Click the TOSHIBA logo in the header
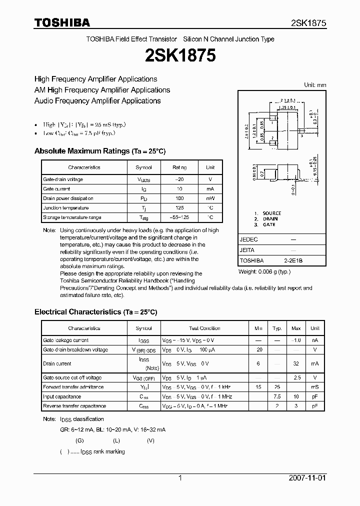pyautogui.click(x=62, y=22)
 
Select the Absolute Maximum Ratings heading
pyautogui.click(x=99, y=151)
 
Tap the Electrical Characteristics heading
pyautogui.click(x=95, y=312)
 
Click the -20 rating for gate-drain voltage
pyautogui.click(x=179, y=179)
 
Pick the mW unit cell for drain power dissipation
pyautogui.click(x=210, y=198)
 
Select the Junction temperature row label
pyautogui.click(x=65, y=208)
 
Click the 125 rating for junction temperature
pyautogui.click(x=179, y=208)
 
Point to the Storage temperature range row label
pyautogui.click(x=72, y=217)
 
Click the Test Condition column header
pyautogui.click(x=204, y=328)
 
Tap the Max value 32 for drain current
pyautogui.click(x=296, y=364)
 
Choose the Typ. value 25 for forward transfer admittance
pyautogui.click(x=277, y=387)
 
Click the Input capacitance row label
pyautogui.click(x=62, y=396)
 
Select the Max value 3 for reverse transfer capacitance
pyautogui.click(x=296, y=406)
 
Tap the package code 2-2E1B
pyautogui.click(x=293, y=260)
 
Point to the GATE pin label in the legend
pyautogui.click(x=269, y=225)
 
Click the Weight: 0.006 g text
pyautogui.click(x=264, y=271)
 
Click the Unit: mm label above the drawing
pyautogui.click(x=315, y=85)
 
